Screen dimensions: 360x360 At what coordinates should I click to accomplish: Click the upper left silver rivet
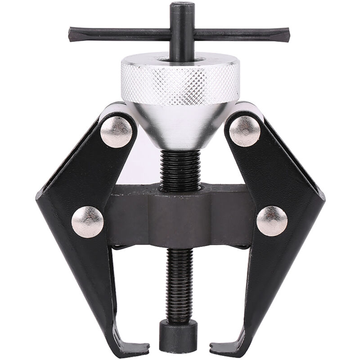click(116, 131)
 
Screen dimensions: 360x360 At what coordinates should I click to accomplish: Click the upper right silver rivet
click(244, 131)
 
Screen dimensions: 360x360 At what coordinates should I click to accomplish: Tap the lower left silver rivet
click(87, 221)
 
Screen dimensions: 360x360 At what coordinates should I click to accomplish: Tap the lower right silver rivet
click(272, 221)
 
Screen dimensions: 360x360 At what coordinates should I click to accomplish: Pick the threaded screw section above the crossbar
click(180, 169)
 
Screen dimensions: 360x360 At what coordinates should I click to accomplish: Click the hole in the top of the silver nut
click(180, 58)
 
